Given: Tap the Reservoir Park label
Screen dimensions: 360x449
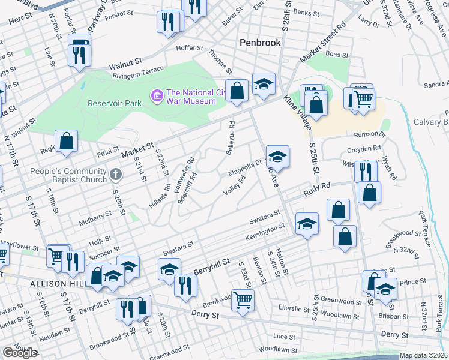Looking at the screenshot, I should [x=115, y=103].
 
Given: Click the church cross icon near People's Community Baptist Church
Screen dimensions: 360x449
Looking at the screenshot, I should [x=116, y=175].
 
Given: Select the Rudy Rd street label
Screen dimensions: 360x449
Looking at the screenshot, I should [x=318, y=189].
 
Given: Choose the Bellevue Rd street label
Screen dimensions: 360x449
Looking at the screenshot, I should [x=231, y=138].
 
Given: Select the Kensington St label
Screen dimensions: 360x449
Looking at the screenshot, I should [x=264, y=232].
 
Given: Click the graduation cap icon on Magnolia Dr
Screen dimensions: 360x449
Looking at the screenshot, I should [x=277, y=158].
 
